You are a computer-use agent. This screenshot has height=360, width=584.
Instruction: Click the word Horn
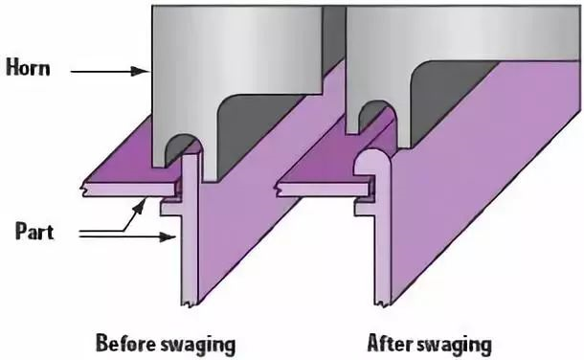coord(29,69)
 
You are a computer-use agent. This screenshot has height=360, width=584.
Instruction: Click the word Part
coord(34,231)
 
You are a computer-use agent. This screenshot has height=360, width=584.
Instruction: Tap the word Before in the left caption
coord(125,344)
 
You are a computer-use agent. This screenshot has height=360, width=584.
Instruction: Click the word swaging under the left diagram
coord(198,345)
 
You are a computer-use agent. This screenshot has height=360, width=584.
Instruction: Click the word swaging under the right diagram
coord(454,345)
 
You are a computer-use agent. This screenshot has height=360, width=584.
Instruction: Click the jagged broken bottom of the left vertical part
coord(190,301)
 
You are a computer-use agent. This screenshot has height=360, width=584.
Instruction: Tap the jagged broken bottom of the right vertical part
coord(383,301)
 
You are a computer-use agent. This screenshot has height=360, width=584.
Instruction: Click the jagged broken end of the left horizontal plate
coord(85,190)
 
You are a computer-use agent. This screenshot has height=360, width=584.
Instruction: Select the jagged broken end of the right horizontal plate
coord(280,190)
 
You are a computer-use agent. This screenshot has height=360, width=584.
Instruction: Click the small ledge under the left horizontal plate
coord(171,208)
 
